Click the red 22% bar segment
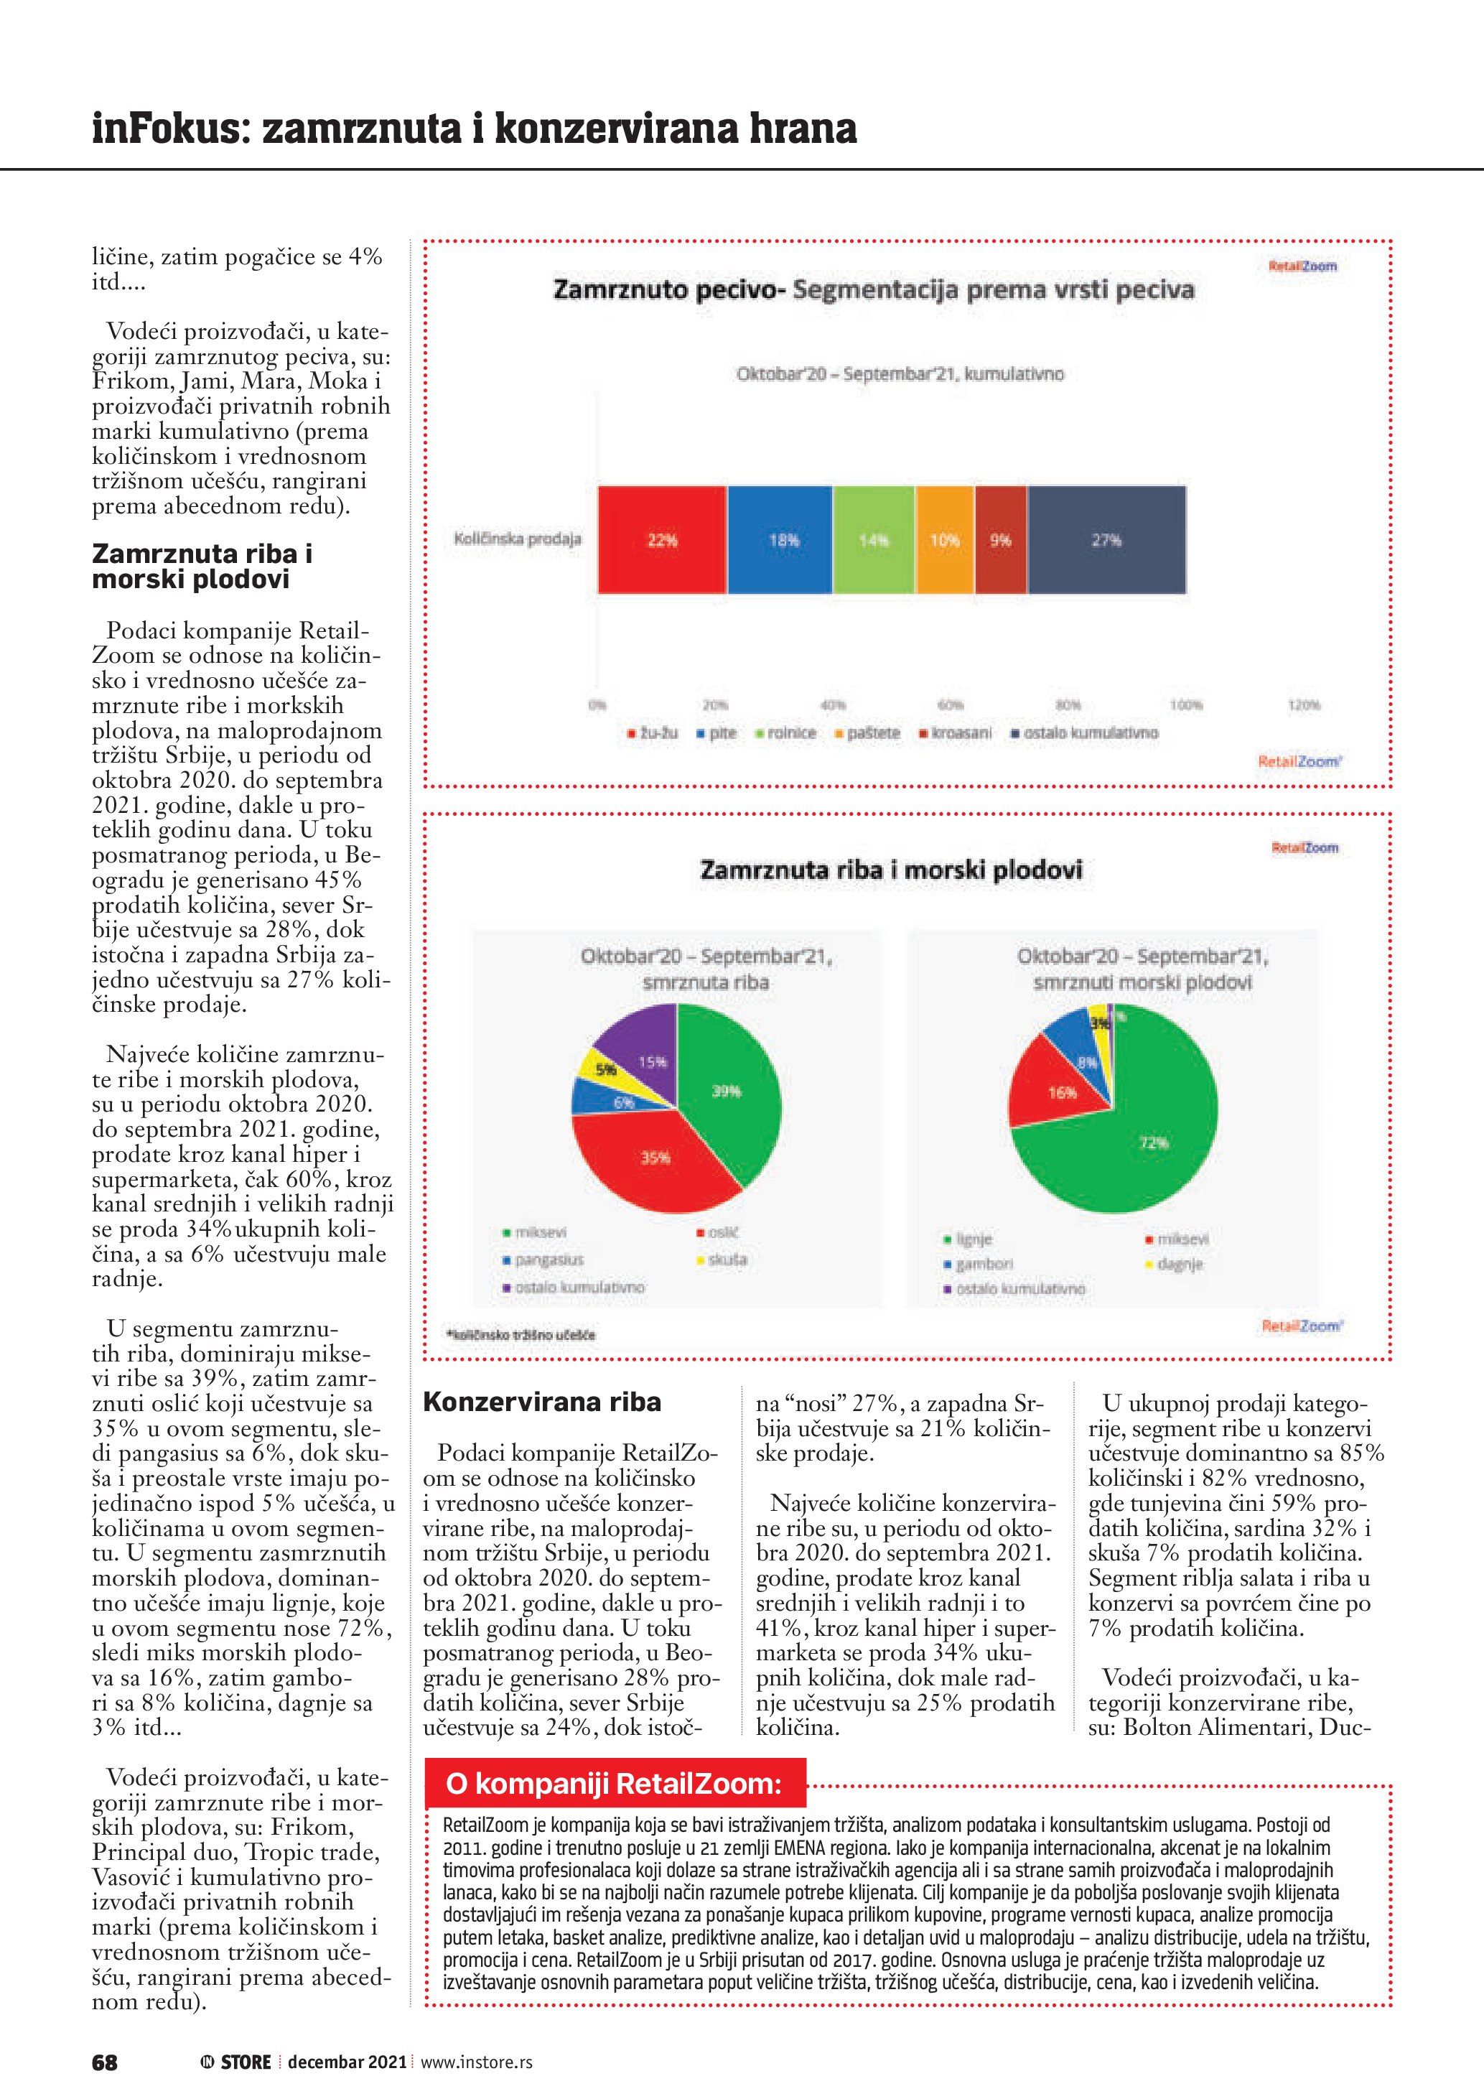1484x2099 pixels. tap(661, 539)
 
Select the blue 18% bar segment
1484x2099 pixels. tap(780, 539)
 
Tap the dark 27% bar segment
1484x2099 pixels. tap(1106, 539)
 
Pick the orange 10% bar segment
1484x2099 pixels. tap(945, 539)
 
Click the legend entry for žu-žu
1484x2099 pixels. tap(653, 733)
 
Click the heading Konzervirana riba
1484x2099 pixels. tap(542, 1402)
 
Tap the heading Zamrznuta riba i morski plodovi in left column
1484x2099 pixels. tap(202, 566)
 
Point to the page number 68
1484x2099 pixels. tap(105, 2062)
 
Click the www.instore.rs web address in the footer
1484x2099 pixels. tap(476, 2062)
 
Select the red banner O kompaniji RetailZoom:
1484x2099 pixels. tap(614, 1783)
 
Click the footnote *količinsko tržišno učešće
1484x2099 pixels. tap(520, 1335)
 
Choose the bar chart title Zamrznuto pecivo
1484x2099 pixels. tap(874, 291)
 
